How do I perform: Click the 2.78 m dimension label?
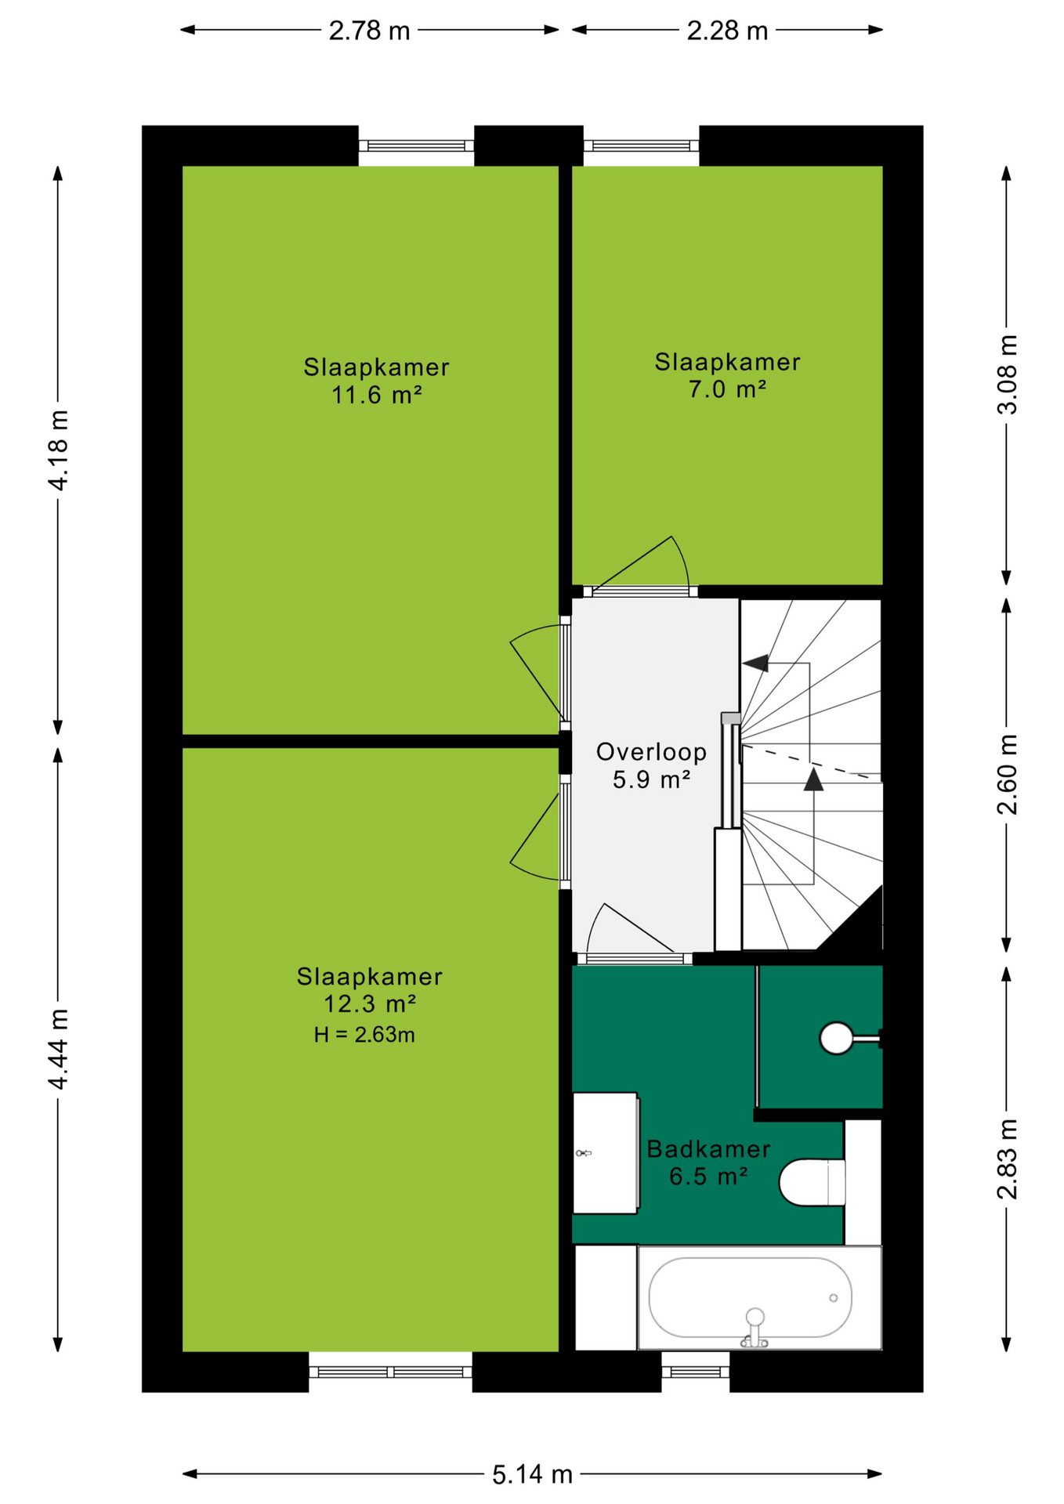pyautogui.click(x=369, y=31)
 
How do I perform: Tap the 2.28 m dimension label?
pyautogui.click(x=727, y=31)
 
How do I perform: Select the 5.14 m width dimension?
pyautogui.click(x=532, y=1475)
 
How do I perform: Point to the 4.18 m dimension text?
pyautogui.click(x=59, y=450)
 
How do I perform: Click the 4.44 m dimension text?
pyautogui.click(x=59, y=1049)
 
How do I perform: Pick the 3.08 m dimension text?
pyautogui.click(x=1007, y=374)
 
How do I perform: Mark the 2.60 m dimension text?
pyautogui.click(x=1007, y=775)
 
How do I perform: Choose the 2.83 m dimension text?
pyautogui.click(x=1007, y=1159)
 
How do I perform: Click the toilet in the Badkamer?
pyautogui.click(x=812, y=1183)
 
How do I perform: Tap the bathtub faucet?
pyautogui.click(x=755, y=1327)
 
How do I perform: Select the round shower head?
pyautogui.click(x=836, y=1039)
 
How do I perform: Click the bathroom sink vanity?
pyautogui.click(x=606, y=1153)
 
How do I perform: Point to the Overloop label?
pyautogui.click(x=652, y=752)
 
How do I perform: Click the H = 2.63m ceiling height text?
pyautogui.click(x=364, y=1035)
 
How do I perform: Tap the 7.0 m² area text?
pyautogui.click(x=727, y=389)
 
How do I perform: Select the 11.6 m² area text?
pyautogui.click(x=376, y=395)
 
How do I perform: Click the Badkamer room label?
pyautogui.click(x=708, y=1149)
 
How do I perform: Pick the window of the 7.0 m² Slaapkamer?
pyautogui.click(x=641, y=146)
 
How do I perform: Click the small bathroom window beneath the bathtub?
pyautogui.click(x=696, y=1372)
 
